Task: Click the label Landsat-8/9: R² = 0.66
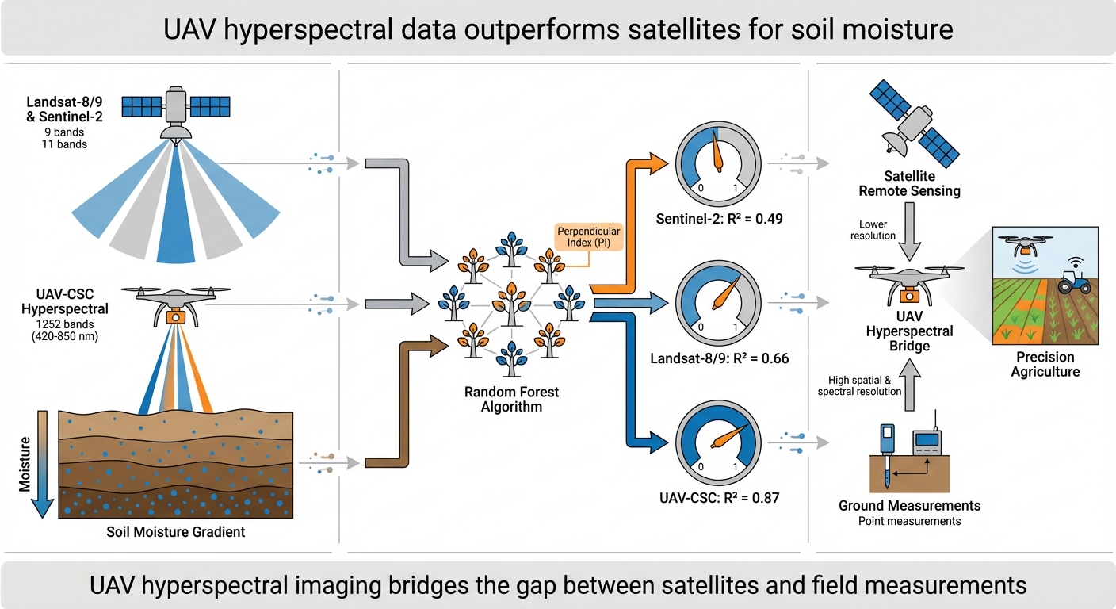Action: pos(720,358)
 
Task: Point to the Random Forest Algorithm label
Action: pos(511,399)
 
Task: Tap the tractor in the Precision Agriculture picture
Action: pos(1073,282)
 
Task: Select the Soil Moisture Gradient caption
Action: pos(176,532)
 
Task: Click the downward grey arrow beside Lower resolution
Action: pos(911,230)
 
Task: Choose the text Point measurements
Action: pos(909,521)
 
